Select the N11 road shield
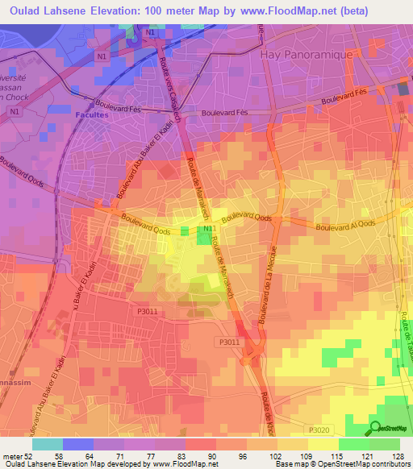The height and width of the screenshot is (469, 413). tap(208, 230)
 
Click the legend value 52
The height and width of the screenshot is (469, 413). tap(33, 455)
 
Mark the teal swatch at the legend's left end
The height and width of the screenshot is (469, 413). tap(48, 443)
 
